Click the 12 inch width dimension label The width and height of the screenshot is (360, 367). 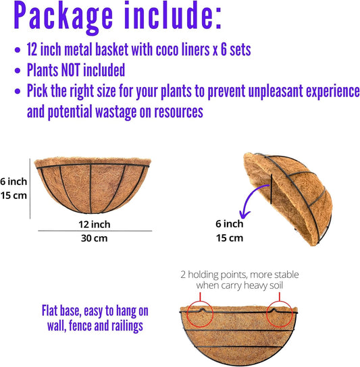pyautogui.click(x=94, y=223)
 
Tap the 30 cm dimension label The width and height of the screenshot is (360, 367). pyautogui.click(x=94, y=238)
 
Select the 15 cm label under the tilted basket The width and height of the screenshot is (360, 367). pyautogui.click(x=229, y=238)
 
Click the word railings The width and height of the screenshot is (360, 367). pyautogui.click(x=129, y=324)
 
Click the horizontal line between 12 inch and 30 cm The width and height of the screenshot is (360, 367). pyautogui.click(x=94, y=231)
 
